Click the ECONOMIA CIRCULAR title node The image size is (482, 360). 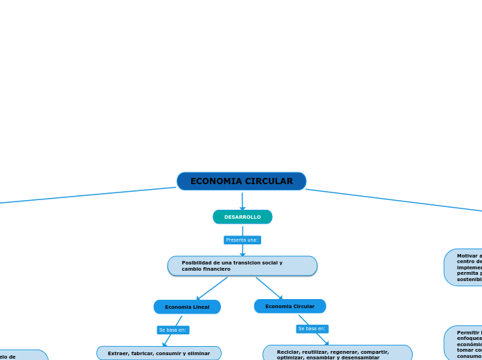[x=241, y=181]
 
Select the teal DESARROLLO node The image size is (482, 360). [x=242, y=217]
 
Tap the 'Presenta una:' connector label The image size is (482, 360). [x=242, y=240]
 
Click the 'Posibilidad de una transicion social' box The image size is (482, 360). [x=242, y=266]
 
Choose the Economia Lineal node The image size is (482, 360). [x=187, y=307]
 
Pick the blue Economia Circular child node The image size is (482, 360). [x=289, y=306]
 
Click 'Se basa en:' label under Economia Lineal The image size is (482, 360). [x=173, y=330]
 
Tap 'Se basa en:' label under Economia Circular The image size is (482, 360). [x=312, y=329]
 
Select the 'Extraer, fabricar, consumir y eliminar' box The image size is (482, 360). [x=159, y=353]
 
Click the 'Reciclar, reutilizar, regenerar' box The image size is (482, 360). [x=337, y=354]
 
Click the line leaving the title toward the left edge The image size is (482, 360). [x=83, y=195]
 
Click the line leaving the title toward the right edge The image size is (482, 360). [x=395, y=199]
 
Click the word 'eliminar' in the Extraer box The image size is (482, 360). [x=198, y=353]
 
